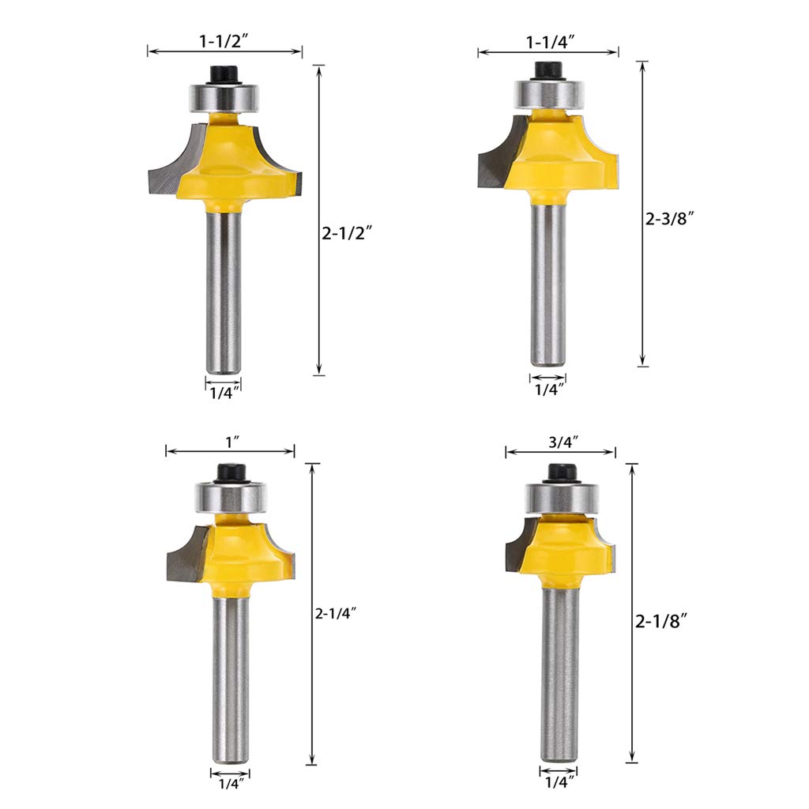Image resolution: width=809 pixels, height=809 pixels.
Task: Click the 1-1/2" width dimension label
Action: pyautogui.click(x=225, y=37)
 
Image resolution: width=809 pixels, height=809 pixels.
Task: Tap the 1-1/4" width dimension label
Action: pyautogui.click(x=547, y=39)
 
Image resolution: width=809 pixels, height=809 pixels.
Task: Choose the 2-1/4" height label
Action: pyautogui.click(x=337, y=611)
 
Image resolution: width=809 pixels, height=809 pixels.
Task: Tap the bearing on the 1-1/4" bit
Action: pyautogui.click(x=547, y=94)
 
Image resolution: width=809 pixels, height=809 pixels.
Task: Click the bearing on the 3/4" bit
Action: pyautogui.click(x=561, y=498)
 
